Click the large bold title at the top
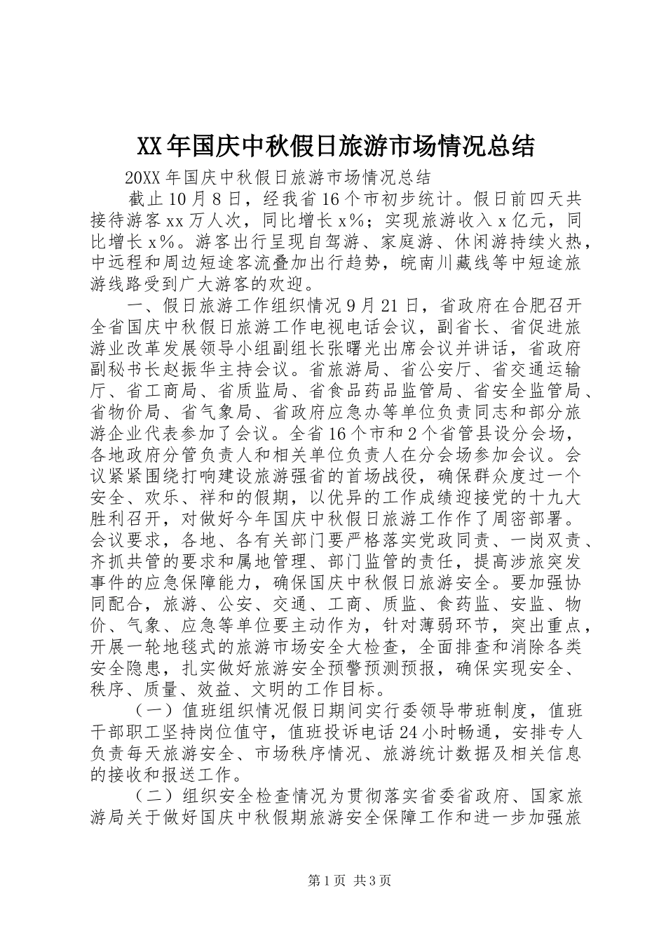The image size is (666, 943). (x=333, y=146)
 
